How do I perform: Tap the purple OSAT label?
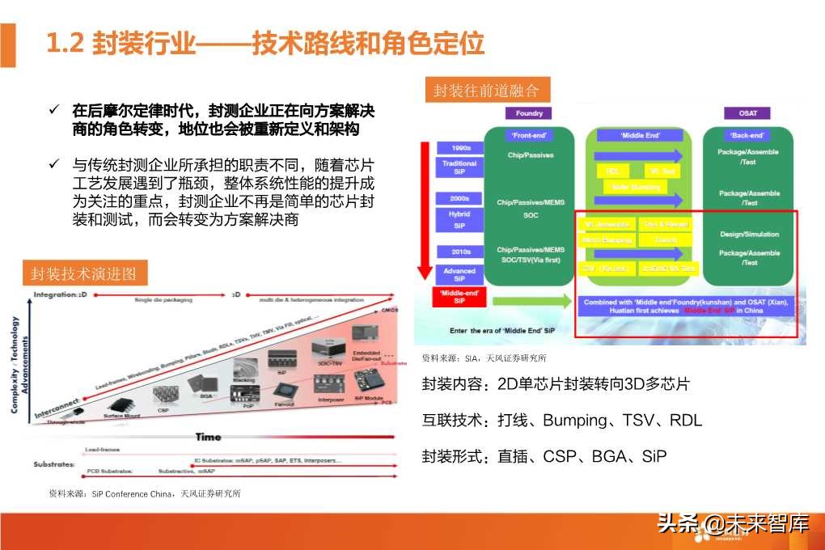pyautogui.click(x=748, y=113)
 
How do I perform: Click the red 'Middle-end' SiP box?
pyautogui.click(x=459, y=296)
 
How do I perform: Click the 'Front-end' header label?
pyautogui.click(x=530, y=135)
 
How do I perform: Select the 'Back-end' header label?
pyautogui.click(x=748, y=135)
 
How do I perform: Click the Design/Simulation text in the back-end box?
pyautogui.click(x=749, y=235)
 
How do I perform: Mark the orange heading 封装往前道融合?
pyautogui.click(x=485, y=90)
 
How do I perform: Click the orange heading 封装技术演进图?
pyautogui.click(x=85, y=273)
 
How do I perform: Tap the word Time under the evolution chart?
pyautogui.click(x=208, y=437)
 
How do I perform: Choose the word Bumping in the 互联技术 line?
pyautogui.click(x=574, y=421)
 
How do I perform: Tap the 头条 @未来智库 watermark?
pyautogui.click(x=732, y=523)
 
